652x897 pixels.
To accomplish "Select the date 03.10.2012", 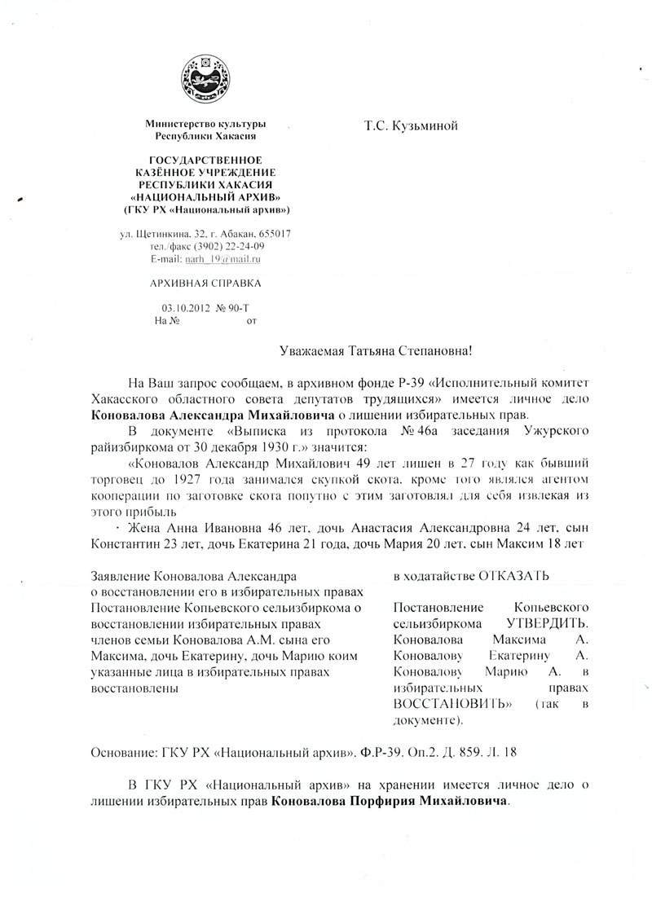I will click(x=185, y=310).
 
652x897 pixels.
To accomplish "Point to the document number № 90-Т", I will click(x=231, y=310).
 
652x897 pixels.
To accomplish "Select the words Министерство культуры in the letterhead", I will click(x=205, y=123).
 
